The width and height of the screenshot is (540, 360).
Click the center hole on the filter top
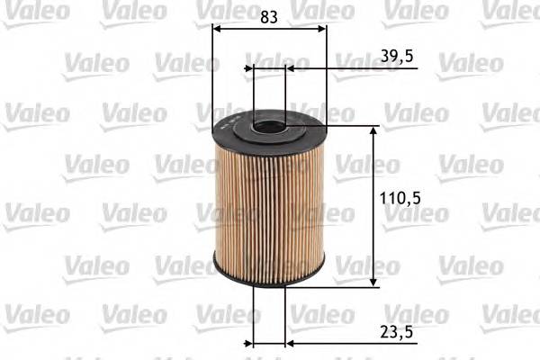pyautogui.click(x=267, y=126)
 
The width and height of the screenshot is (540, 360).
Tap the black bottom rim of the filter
pyautogui.click(x=268, y=279)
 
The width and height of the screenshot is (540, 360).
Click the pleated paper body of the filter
pyautogui.click(x=268, y=207)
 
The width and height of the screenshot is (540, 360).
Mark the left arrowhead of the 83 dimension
pyautogui.click(x=217, y=27)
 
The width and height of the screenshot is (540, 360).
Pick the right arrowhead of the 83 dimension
pyautogui.click(x=321, y=27)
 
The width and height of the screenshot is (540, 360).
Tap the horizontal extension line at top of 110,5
pyautogui.click(x=351, y=126)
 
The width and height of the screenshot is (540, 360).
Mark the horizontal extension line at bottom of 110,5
pyautogui.click(x=351, y=287)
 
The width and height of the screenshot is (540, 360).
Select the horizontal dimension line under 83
pyautogui.click(x=269, y=27)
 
